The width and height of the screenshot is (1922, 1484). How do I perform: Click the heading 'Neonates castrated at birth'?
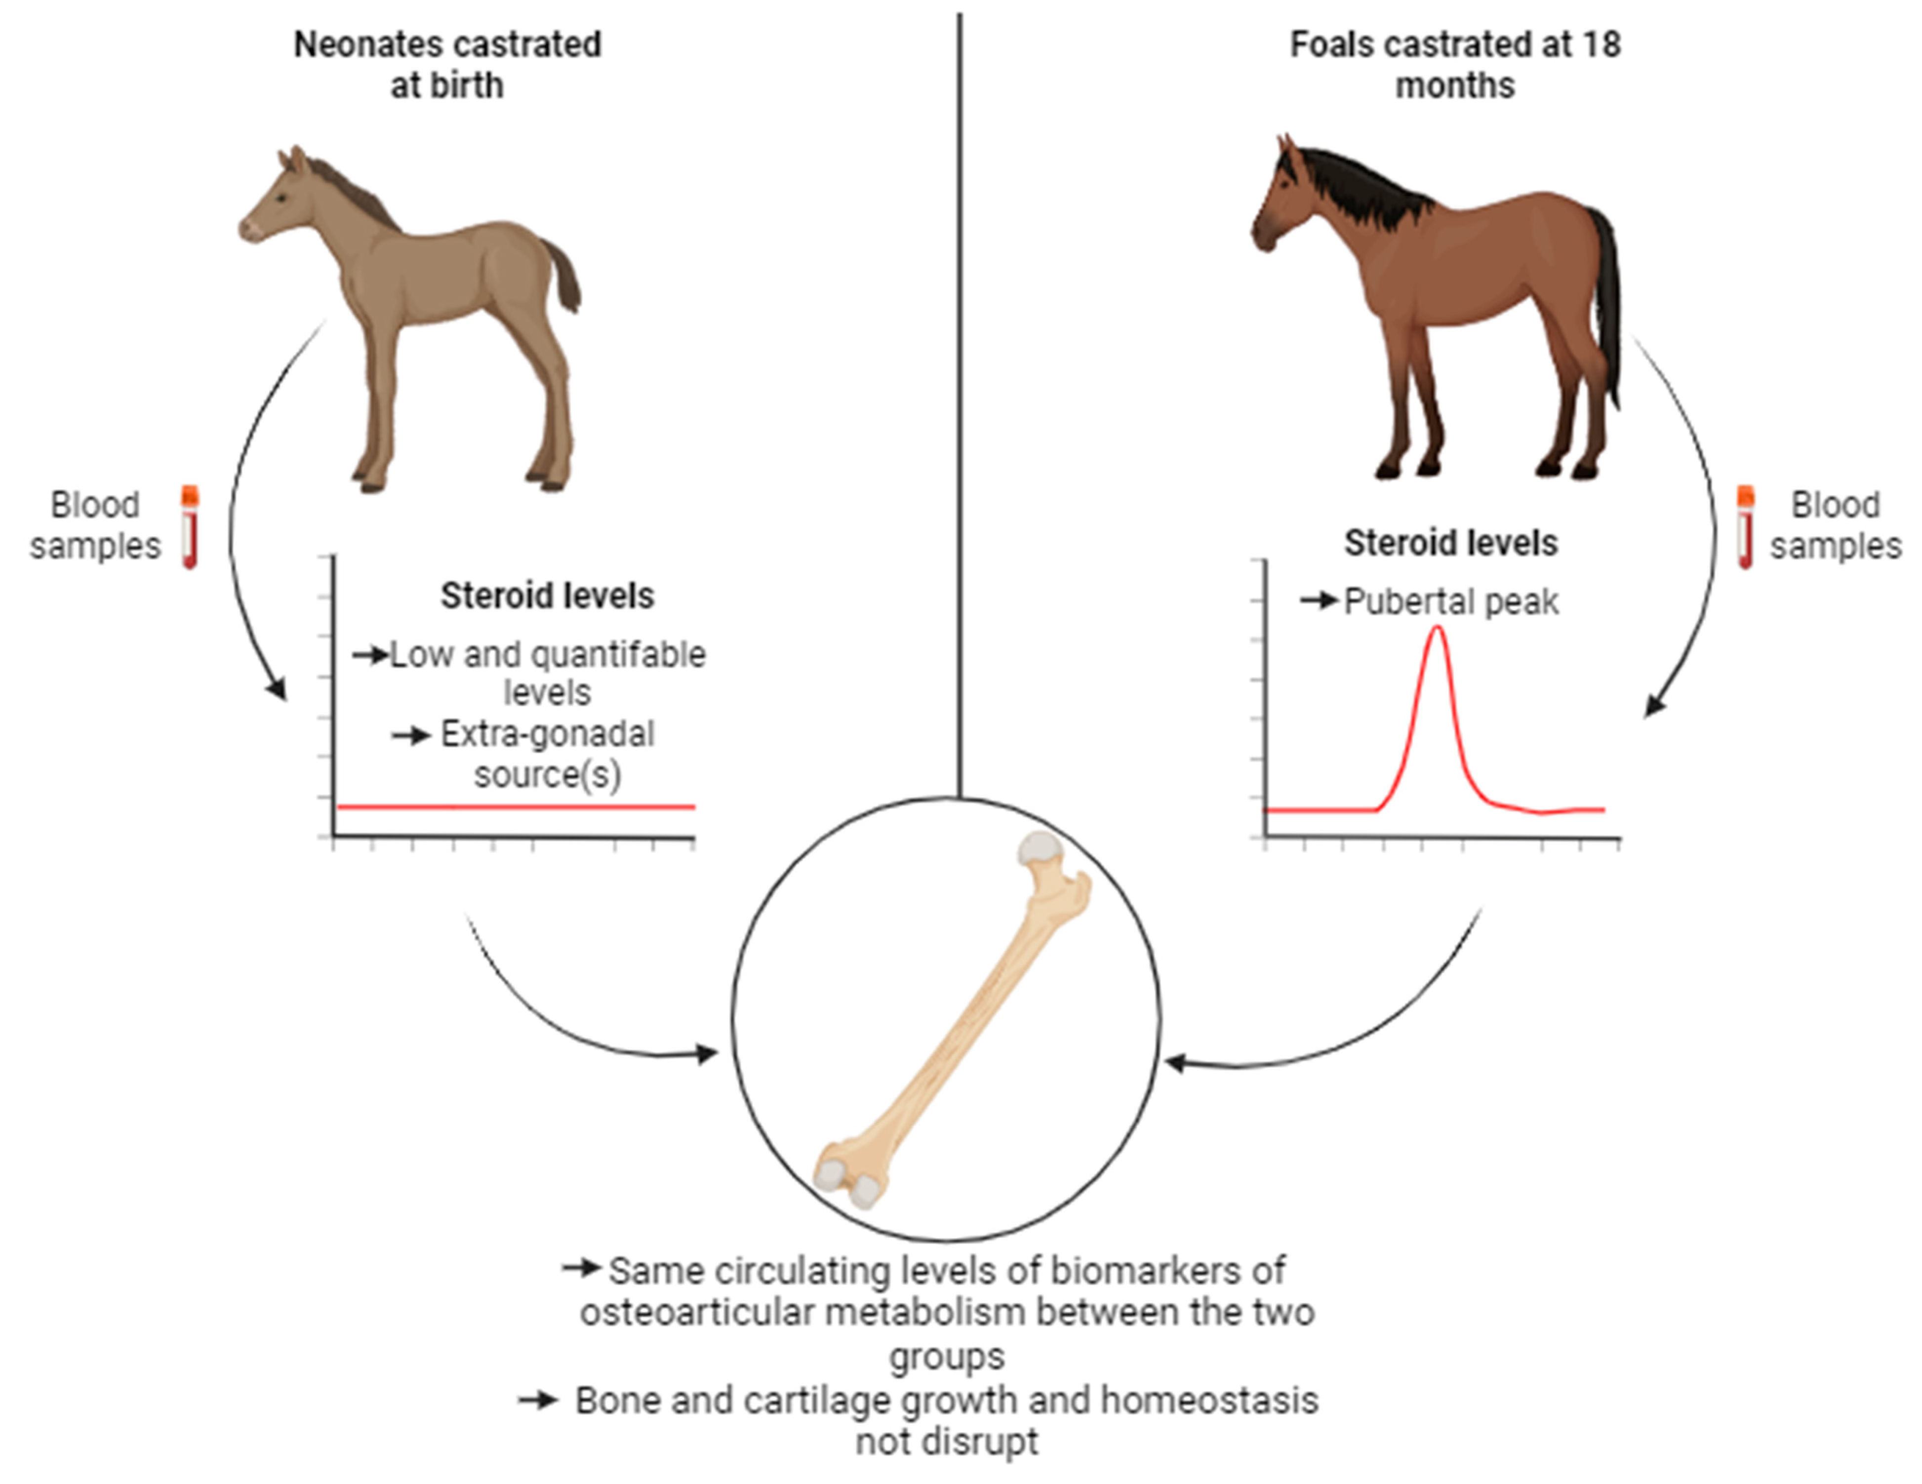pyautogui.click(x=447, y=64)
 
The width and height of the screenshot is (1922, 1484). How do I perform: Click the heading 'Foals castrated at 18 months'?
pyautogui.click(x=1455, y=64)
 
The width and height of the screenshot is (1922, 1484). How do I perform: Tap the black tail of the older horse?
pyautogui.click(x=1609, y=299)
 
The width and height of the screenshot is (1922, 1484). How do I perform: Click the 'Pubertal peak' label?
pyautogui.click(x=1451, y=602)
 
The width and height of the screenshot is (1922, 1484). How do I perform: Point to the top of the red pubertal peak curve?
pyautogui.click(x=1437, y=629)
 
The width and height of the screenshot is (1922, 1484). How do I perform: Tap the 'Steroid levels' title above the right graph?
pyautogui.click(x=1450, y=543)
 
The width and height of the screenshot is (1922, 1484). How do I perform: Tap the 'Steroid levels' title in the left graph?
pyautogui.click(x=547, y=596)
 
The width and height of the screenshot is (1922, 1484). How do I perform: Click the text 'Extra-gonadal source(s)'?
pyautogui.click(x=547, y=754)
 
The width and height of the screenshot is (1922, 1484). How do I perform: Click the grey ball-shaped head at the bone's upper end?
pyautogui.click(x=1040, y=847)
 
